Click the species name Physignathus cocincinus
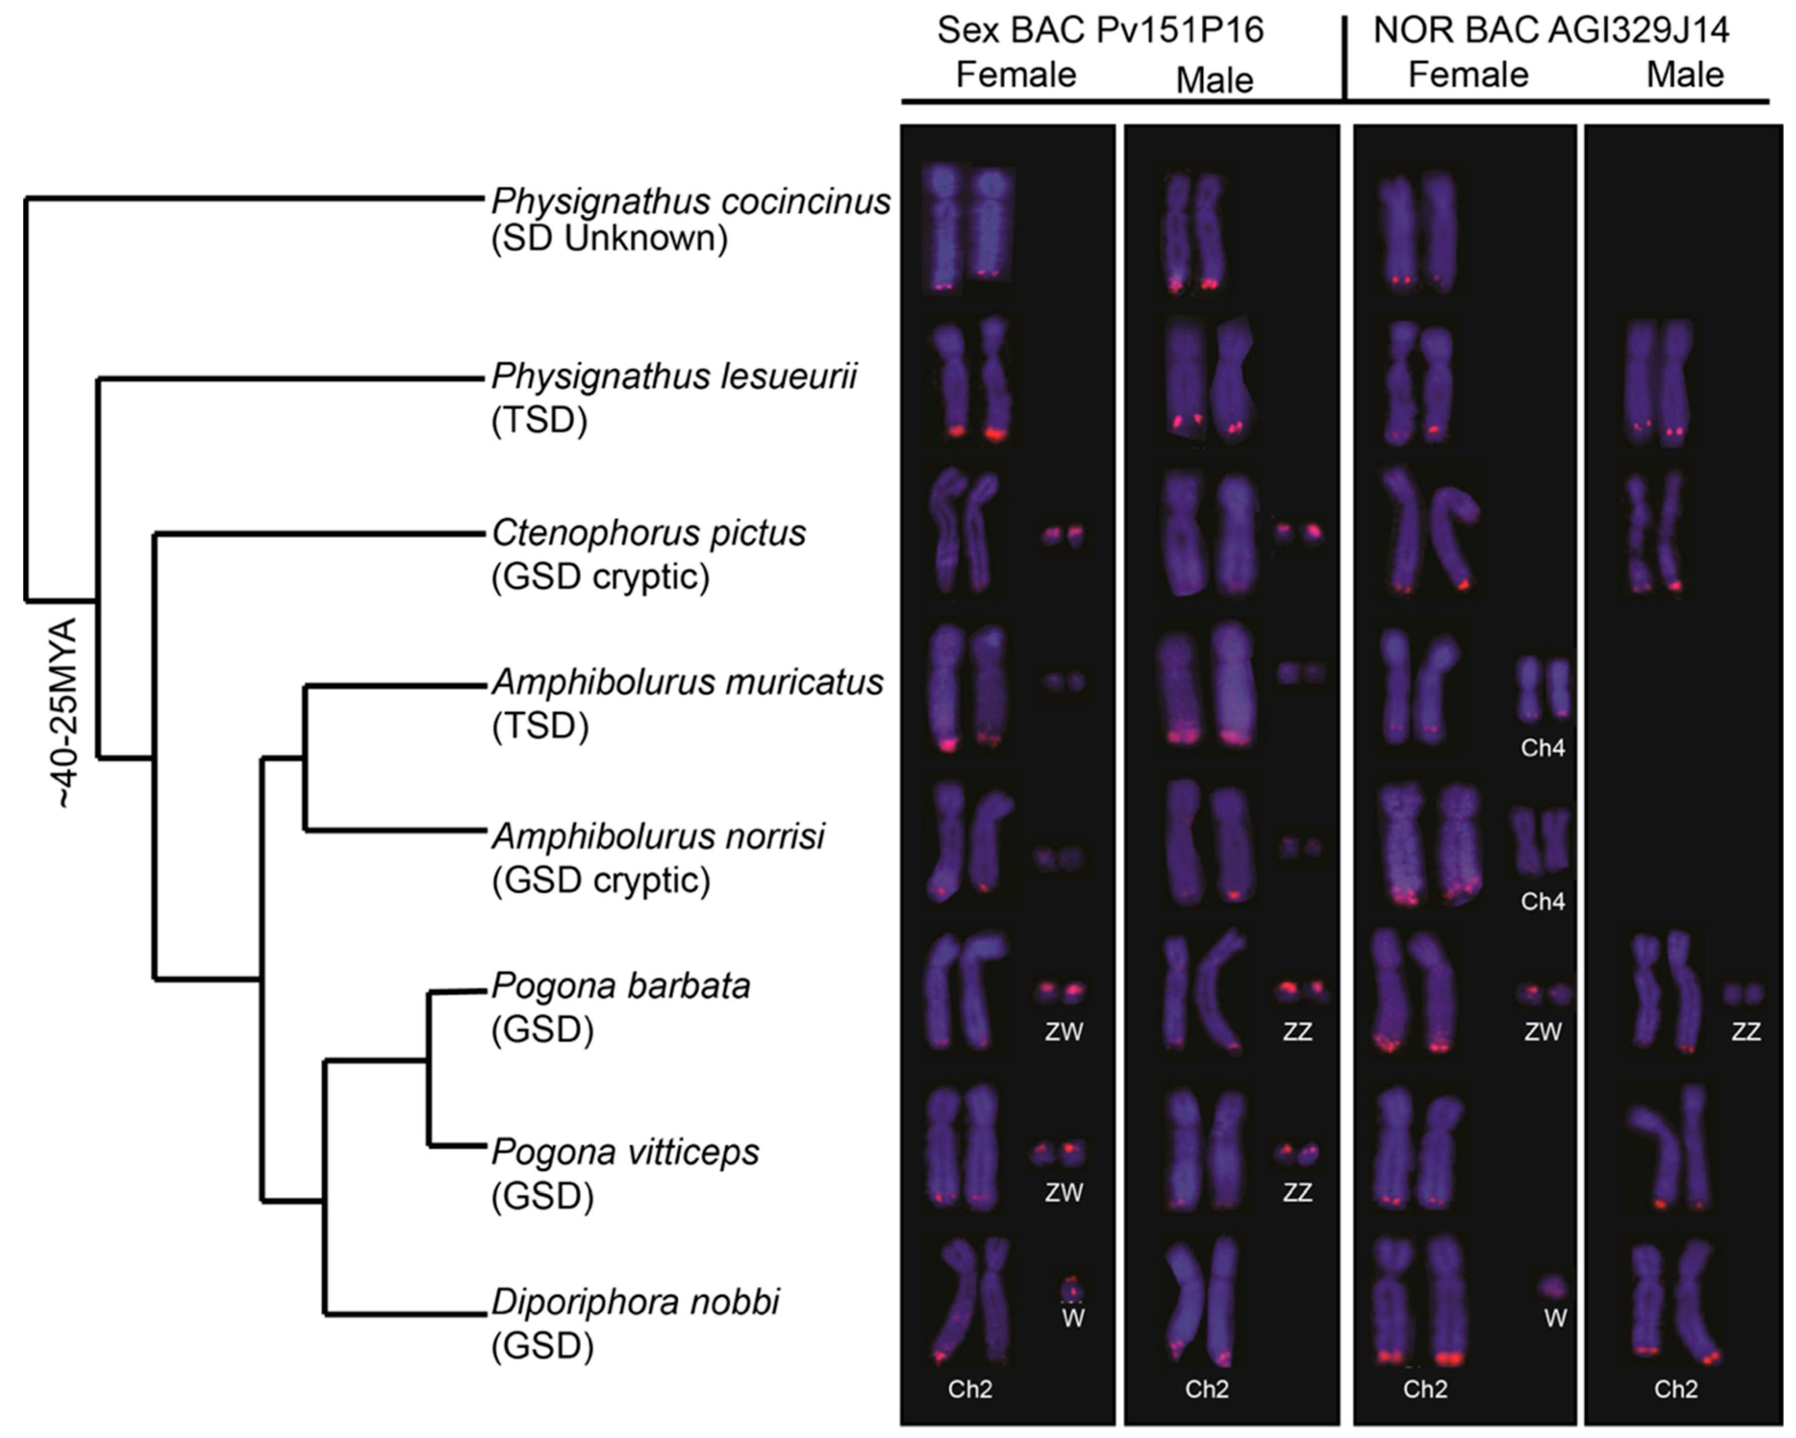(x=691, y=202)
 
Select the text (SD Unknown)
(x=609, y=239)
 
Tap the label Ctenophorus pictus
(x=649, y=533)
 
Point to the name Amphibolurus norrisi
(x=658, y=835)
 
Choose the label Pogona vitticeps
(x=625, y=1152)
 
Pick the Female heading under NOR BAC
(x=1468, y=75)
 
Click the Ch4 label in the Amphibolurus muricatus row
(x=1542, y=748)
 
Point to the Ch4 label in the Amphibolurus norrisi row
(x=1542, y=902)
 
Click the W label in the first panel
(x=1073, y=1319)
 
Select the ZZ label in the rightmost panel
(x=1746, y=1032)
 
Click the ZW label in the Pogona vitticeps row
(x=1064, y=1193)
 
